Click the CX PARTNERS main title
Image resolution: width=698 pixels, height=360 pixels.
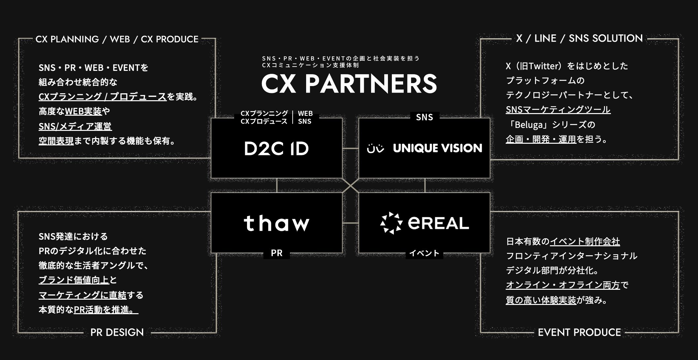tap(349, 84)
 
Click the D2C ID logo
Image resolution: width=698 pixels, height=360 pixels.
tap(276, 149)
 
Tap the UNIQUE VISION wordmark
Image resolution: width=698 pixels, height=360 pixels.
tap(437, 148)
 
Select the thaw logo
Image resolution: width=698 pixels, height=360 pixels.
tap(276, 223)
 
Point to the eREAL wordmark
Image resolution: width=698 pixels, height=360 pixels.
tap(438, 223)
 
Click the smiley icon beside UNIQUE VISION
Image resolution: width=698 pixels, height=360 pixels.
tap(375, 149)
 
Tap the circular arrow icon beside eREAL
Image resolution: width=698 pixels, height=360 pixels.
tap(391, 223)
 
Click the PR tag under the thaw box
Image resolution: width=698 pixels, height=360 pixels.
tap(276, 253)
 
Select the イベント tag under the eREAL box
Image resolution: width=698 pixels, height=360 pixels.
tap(424, 253)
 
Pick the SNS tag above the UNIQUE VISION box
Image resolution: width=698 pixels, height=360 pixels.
tap(424, 117)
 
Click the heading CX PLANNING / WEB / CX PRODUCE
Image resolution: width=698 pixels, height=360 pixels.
tap(117, 39)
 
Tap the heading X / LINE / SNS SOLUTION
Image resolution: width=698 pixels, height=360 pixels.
tap(579, 39)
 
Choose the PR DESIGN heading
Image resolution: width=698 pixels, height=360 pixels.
tap(117, 332)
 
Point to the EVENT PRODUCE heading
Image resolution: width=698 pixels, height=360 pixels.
tap(579, 332)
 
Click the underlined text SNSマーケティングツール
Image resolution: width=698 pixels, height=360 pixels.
tap(558, 109)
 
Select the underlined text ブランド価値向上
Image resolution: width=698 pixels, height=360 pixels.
tap(74, 280)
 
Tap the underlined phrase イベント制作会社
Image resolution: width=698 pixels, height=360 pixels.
tap(585, 242)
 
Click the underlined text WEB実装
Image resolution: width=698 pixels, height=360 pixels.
tap(83, 111)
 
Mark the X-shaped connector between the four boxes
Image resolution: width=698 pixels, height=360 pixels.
tap(350, 186)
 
